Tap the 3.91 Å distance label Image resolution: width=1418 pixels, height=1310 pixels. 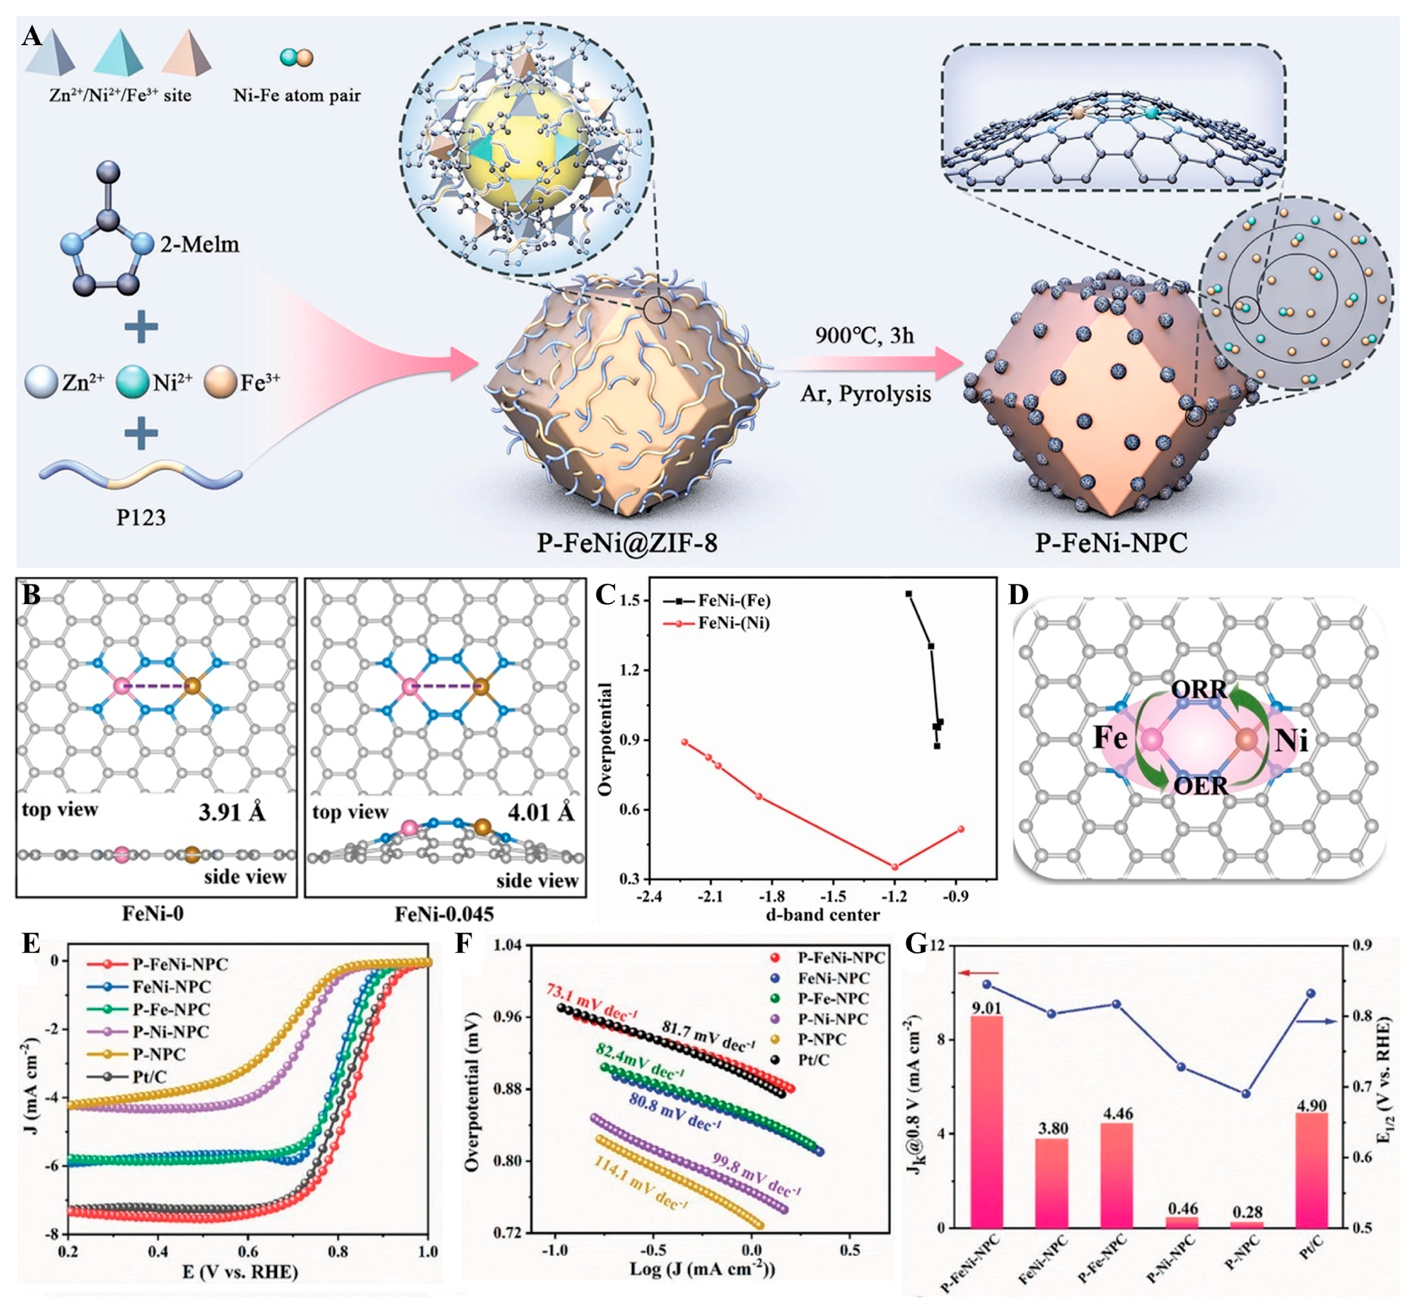tap(232, 813)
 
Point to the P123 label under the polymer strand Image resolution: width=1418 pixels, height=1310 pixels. tap(141, 518)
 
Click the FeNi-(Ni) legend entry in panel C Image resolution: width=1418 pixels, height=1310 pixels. tap(733, 623)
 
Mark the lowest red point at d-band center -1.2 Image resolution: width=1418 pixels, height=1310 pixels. tap(895, 866)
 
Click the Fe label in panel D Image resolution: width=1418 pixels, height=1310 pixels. tap(1110, 739)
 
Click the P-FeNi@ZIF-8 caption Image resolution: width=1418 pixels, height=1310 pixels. tap(627, 542)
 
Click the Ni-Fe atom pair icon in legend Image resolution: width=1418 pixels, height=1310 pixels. tap(296, 58)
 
